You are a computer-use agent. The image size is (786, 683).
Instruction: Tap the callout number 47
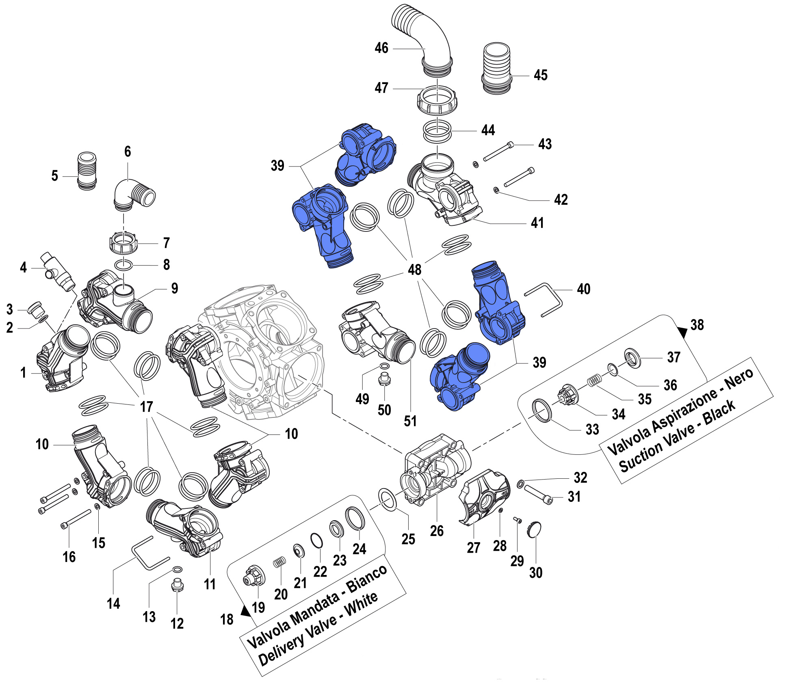click(x=381, y=88)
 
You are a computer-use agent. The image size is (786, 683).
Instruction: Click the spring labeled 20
click(x=279, y=562)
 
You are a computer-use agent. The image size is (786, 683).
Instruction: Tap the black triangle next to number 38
click(x=682, y=333)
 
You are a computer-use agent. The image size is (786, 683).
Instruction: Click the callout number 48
click(x=414, y=269)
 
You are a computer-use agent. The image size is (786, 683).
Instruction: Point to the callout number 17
click(x=146, y=406)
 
